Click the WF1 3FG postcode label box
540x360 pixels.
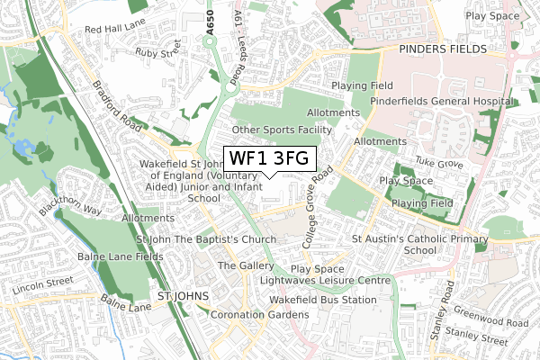(x=269, y=158)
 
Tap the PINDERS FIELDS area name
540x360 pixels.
(x=445, y=49)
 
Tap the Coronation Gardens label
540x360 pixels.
(x=259, y=315)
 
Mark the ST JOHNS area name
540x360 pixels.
(x=183, y=295)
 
